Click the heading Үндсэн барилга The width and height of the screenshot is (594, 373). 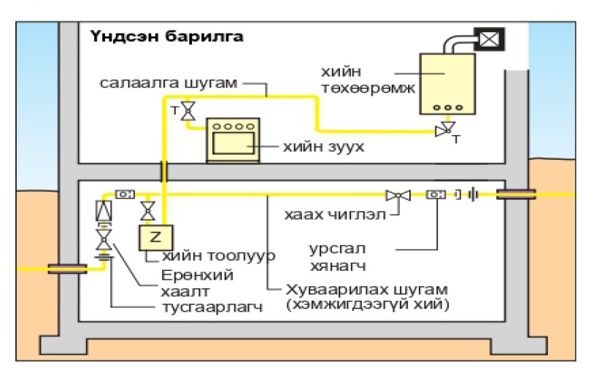(x=167, y=36)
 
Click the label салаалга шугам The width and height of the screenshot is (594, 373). (x=169, y=83)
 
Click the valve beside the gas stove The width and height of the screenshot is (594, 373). (x=188, y=111)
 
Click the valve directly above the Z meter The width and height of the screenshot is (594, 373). (x=148, y=212)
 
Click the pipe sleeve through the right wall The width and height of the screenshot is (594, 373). (x=516, y=194)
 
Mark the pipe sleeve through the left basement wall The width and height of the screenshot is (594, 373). (x=67, y=268)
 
